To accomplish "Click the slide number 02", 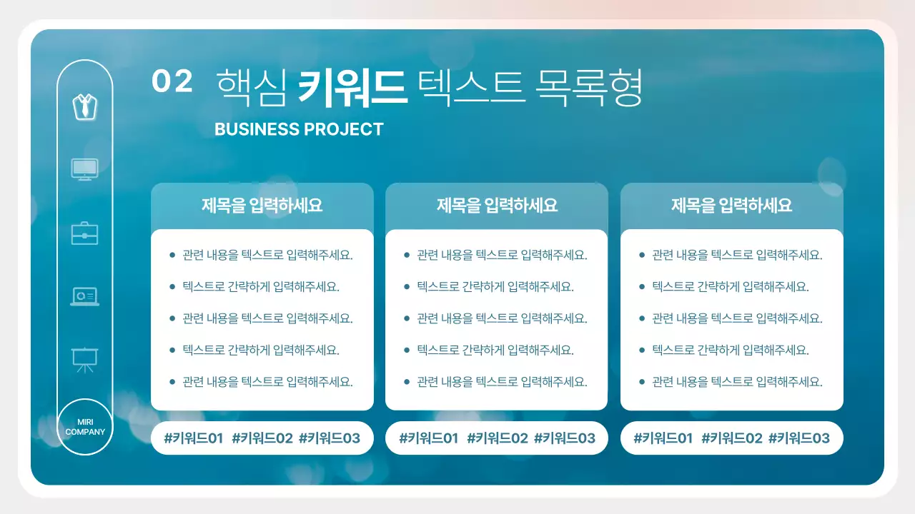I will [172, 81].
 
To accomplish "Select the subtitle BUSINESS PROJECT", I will [299, 129].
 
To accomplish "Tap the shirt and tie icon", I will [84, 106].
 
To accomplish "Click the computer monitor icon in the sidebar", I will [84, 169].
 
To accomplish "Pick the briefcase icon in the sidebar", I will [84, 233].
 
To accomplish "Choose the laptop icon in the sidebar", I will [84, 296].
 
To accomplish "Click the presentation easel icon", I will [84, 359].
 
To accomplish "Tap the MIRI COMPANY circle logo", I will [85, 427].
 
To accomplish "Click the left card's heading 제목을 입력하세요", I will [262, 206].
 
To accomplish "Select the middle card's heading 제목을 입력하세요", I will [497, 206].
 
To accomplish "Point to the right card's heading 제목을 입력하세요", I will [731, 206].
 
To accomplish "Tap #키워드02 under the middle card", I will [497, 438].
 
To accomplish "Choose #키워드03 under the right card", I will [798, 438].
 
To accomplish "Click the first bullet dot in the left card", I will [172, 255].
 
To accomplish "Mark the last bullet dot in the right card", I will [641, 382].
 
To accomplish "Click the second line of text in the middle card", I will [495, 287].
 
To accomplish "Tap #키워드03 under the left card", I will [329, 438].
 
